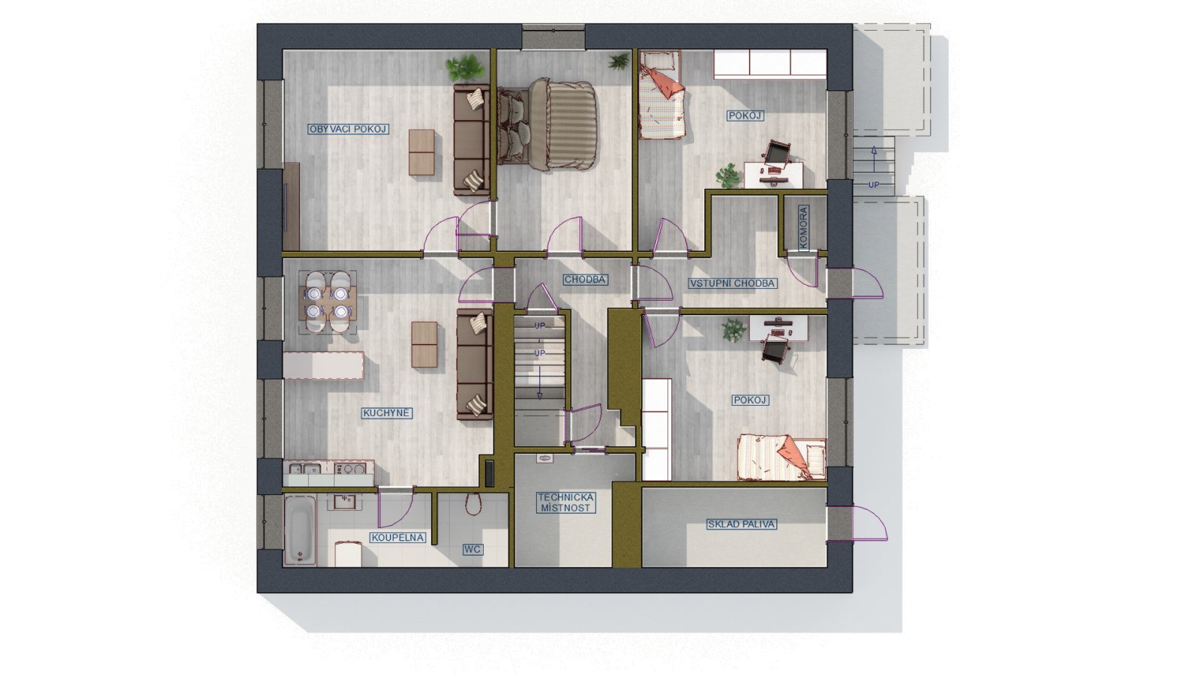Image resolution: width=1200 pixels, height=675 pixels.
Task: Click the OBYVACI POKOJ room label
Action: (x=348, y=129)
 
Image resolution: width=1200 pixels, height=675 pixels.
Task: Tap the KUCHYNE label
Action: (x=386, y=413)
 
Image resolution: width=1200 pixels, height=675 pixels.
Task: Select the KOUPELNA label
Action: (x=397, y=537)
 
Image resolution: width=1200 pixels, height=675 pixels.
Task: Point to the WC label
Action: (x=472, y=549)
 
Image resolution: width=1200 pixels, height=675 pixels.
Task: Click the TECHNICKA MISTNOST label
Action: (x=565, y=503)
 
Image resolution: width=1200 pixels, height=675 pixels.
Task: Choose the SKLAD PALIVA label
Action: (x=742, y=524)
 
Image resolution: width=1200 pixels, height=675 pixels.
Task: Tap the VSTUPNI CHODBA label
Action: (x=732, y=283)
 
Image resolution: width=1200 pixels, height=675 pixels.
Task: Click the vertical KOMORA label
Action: (x=803, y=228)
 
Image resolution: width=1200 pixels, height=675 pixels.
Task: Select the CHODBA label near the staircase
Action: (x=585, y=280)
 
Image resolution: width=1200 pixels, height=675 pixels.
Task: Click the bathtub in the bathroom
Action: (x=299, y=529)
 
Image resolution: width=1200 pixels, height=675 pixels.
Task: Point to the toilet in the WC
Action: (x=472, y=503)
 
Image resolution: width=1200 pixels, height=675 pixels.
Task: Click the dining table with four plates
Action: (x=328, y=301)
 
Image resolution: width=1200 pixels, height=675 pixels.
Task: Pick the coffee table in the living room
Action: (x=421, y=152)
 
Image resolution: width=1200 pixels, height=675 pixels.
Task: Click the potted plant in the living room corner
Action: (x=465, y=68)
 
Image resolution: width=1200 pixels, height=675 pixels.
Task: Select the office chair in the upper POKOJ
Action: (x=777, y=153)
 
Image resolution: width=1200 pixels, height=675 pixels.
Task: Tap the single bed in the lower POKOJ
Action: (x=781, y=457)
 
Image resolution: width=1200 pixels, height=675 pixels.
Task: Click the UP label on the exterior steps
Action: (x=874, y=184)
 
